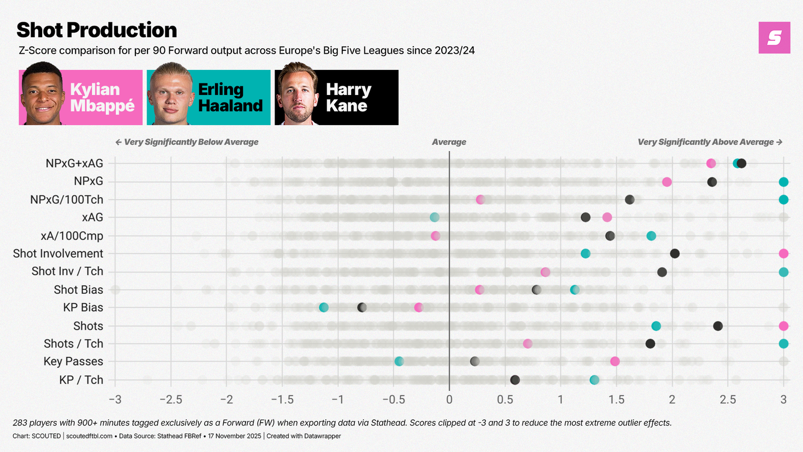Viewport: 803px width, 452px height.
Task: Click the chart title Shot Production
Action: click(x=96, y=30)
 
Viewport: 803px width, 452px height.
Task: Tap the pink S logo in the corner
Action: click(x=774, y=38)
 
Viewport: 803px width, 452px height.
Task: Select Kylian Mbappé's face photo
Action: click(x=42, y=94)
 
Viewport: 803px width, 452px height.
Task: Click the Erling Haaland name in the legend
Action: click(x=230, y=97)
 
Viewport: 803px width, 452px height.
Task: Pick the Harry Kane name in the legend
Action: click(x=348, y=97)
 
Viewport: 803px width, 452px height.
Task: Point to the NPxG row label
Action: click(x=88, y=181)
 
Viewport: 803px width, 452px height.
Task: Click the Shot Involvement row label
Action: click(x=58, y=254)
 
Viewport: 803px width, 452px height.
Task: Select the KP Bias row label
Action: click(x=83, y=307)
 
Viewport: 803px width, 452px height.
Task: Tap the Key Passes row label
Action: click(x=73, y=362)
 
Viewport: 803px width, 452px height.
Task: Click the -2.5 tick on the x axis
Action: click(x=171, y=400)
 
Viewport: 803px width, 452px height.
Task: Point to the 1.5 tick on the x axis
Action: click(x=616, y=400)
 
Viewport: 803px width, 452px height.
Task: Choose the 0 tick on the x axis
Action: click(x=449, y=400)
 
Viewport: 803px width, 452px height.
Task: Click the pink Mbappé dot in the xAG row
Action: click(x=607, y=217)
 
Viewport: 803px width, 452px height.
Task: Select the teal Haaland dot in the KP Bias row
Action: click(x=324, y=307)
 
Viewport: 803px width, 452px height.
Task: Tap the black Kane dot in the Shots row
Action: click(x=718, y=326)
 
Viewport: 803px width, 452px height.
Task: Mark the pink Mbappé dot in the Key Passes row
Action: click(x=615, y=362)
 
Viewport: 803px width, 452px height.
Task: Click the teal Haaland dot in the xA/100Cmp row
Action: click(x=651, y=236)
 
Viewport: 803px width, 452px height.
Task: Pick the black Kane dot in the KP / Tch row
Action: click(x=515, y=380)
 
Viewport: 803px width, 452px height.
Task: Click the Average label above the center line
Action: click(x=449, y=142)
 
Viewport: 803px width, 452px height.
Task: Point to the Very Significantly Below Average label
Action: click(x=187, y=142)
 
